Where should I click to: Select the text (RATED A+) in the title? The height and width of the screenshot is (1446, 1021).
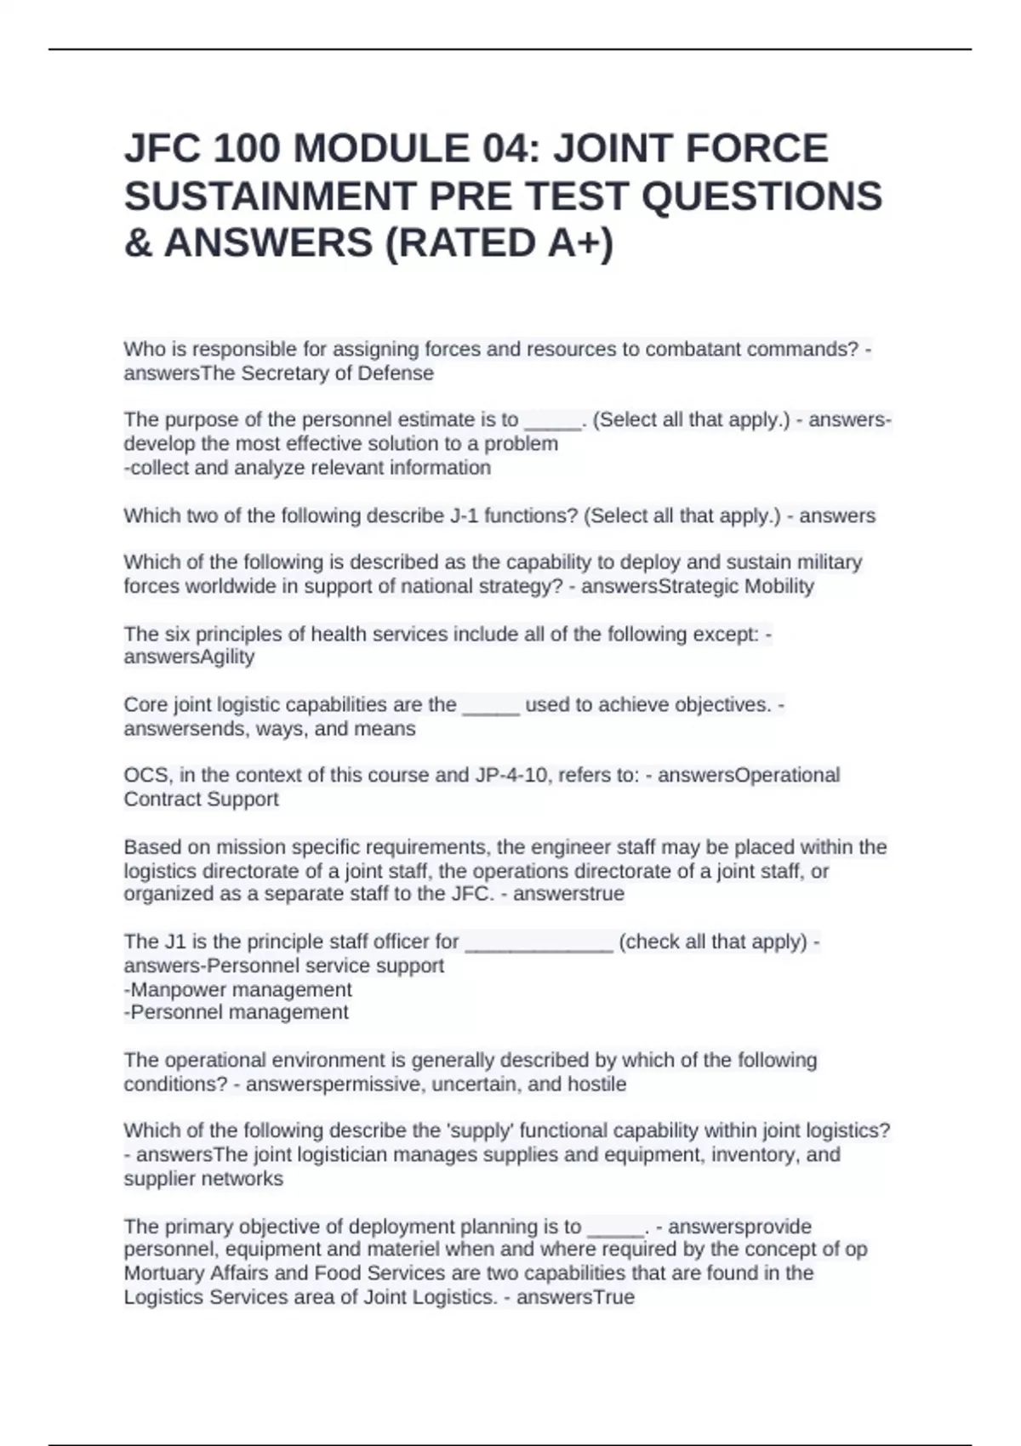(499, 243)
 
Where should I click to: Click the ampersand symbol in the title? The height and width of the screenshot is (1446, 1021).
(136, 243)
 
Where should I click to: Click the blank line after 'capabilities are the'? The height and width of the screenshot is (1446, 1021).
(491, 707)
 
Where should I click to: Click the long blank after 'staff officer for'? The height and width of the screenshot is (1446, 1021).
(539, 943)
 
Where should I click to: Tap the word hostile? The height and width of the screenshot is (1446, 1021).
(596, 1084)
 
